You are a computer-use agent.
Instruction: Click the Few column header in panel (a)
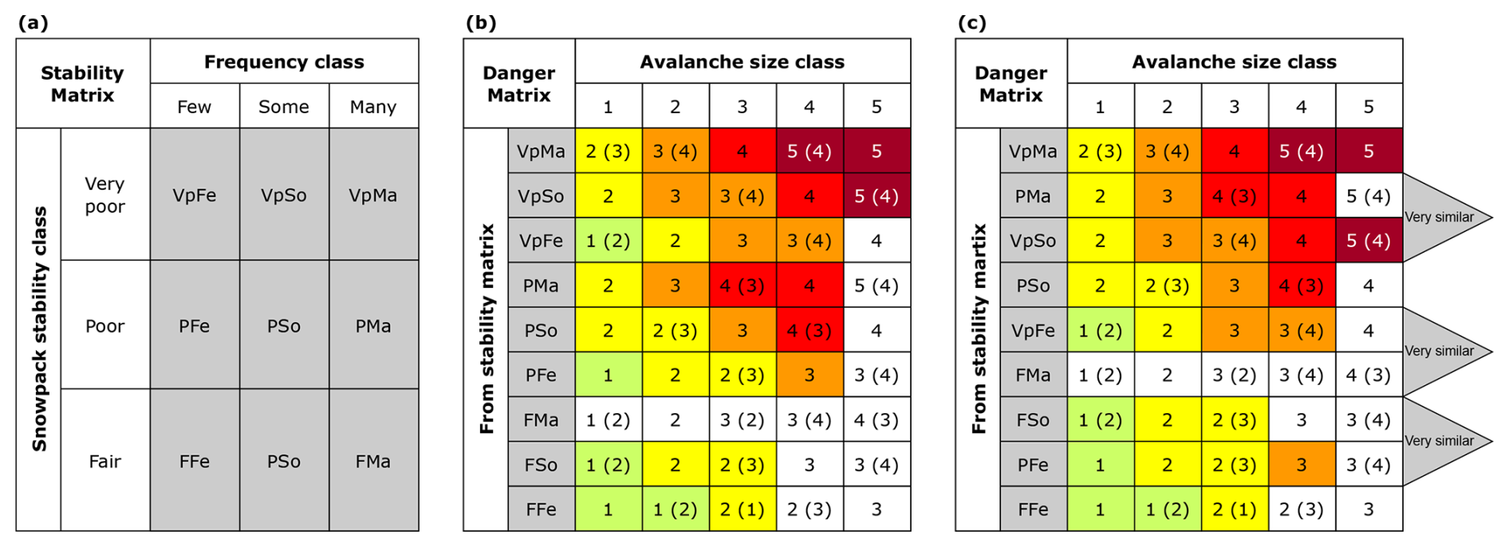194,106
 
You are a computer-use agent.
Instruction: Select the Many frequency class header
372,106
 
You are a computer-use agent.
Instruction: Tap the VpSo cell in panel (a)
283,195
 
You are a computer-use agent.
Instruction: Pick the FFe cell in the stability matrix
194,461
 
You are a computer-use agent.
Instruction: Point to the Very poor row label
104,195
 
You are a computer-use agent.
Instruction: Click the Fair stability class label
104,461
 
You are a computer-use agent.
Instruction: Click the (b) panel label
480,22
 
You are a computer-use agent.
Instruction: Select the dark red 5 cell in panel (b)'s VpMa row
876,151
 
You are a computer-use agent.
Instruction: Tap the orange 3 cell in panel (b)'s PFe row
809,375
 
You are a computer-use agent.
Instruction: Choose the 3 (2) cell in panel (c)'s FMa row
1234,375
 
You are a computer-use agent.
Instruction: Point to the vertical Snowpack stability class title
39,329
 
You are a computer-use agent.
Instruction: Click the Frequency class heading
283,61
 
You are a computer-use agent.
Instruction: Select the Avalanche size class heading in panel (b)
742,61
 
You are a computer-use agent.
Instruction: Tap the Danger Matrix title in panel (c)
1011,84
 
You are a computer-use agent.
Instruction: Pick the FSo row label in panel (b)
541,464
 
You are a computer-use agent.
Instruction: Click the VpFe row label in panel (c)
1033,330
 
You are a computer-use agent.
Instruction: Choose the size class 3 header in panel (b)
742,106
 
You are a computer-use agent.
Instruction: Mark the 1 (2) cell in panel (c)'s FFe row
1167,509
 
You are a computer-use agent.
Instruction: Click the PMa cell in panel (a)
372,325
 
